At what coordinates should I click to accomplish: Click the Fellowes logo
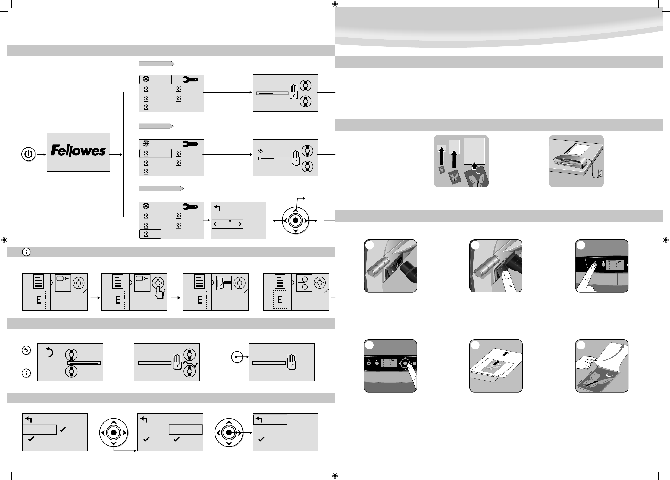pos(78,151)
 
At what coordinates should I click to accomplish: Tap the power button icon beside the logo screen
pos(28,154)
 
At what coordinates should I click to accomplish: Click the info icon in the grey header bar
pos(26,252)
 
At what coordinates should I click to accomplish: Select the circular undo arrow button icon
pos(26,350)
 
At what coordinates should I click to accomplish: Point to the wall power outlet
pos(600,173)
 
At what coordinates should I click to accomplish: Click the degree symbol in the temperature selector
pos(230,221)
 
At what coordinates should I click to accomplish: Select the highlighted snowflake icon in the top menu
pos(146,79)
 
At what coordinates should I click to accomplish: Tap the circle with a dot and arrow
pos(237,357)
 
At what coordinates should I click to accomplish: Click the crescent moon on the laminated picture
pos(609,375)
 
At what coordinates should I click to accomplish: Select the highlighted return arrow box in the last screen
pos(270,419)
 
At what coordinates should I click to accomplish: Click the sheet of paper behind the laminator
pos(579,149)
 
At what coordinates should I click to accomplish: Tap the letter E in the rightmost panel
pos(280,300)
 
